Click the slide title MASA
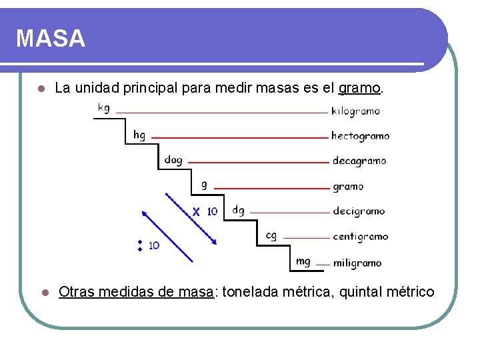(51, 38)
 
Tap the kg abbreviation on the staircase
(105, 108)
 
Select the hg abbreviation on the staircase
(139, 135)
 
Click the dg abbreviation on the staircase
(238, 211)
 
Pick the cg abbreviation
(271, 235)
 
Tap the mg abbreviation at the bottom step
(303, 261)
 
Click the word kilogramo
(355, 111)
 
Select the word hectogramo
(360, 136)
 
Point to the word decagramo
(359, 161)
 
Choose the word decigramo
(358, 211)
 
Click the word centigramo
(360, 237)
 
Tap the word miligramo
(357, 263)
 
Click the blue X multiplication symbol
(196, 211)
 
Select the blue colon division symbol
(141, 245)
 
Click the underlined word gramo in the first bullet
(359, 87)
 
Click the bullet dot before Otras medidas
(41, 292)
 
